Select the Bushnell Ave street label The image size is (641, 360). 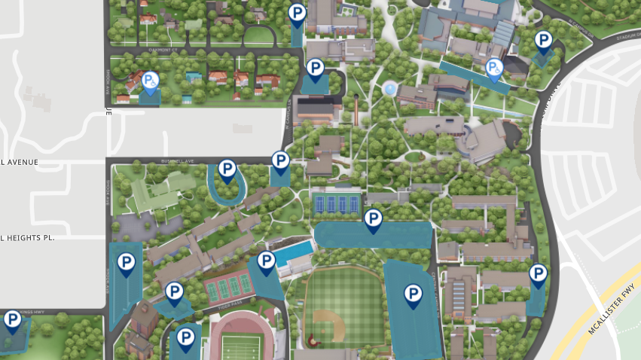[x=178, y=161]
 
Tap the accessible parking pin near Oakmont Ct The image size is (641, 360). [x=150, y=81]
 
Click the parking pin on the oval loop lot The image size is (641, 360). [x=227, y=171]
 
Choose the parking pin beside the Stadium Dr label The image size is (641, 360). [x=542, y=41]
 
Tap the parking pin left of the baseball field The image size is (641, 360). [x=266, y=262]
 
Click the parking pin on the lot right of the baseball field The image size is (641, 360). [x=413, y=294]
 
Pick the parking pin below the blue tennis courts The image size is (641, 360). [x=373, y=220]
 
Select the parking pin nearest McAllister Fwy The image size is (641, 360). [x=538, y=274]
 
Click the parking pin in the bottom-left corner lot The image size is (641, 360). [x=12, y=321]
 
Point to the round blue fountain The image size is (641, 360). [x=389, y=90]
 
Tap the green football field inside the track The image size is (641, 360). [x=240, y=347]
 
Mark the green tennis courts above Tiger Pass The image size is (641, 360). [x=227, y=285]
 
